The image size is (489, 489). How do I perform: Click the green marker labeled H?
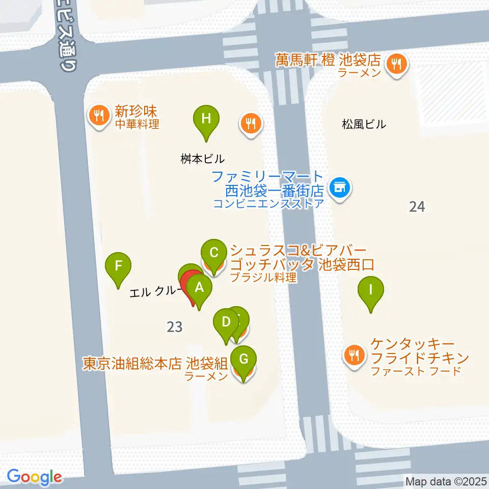[206, 120]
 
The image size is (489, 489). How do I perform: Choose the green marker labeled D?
[226, 322]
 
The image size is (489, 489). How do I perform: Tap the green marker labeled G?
[244, 360]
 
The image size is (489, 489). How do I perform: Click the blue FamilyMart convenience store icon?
[339, 188]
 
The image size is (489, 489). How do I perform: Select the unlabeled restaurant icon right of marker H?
[250, 123]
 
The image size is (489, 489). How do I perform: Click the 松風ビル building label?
[364, 124]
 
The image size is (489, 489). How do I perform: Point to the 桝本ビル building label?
[202, 158]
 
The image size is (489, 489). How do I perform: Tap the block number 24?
[417, 206]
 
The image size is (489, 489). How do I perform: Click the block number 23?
[174, 327]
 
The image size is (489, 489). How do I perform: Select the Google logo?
[34, 477]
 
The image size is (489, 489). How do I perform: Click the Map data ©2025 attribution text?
[446, 481]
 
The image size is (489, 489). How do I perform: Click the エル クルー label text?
[153, 293]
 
